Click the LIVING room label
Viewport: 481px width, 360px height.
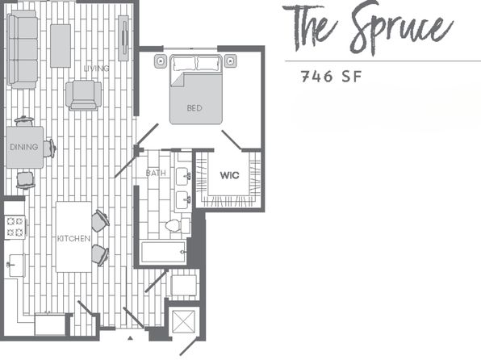(x=96, y=68)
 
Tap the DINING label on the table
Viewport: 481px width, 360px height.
(x=24, y=147)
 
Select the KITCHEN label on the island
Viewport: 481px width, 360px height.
(x=74, y=238)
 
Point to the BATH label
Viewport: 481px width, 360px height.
(x=156, y=173)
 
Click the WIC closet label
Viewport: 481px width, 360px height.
(x=229, y=175)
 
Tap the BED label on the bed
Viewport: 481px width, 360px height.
(x=194, y=107)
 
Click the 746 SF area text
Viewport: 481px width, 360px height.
(x=332, y=77)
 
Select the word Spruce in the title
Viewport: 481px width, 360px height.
(x=401, y=28)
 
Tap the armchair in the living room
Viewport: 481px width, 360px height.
(x=83, y=94)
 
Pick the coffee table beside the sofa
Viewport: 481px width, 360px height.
(x=61, y=46)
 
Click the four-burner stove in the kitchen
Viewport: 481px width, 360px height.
(x=15, y=227)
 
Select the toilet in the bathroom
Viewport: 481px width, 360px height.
(x=178, y=225)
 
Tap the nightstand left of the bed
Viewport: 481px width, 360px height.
(x=161, y=61)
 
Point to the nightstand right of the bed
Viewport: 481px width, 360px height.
(x=230, y=61)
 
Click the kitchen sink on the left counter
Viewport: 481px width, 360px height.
(x=16, y=265)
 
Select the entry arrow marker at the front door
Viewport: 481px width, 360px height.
(x=130, y=338)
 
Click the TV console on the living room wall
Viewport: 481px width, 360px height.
(x=123, y=38)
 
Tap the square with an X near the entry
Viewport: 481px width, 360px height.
(x=183, y=321)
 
